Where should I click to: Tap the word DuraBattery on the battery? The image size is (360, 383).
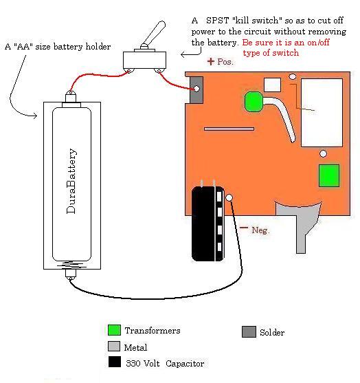click(71, 181)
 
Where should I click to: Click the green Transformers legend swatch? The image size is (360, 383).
click(114, 330)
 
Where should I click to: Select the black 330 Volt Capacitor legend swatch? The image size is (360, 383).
click(115, 362)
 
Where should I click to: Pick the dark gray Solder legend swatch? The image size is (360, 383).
click(249, 331)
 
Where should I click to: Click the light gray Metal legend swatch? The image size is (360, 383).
click(114, 346)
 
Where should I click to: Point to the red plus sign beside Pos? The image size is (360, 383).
click(211, 61)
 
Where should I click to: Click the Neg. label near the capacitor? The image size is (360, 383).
click(260, 230)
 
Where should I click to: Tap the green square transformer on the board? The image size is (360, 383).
click(329, 175)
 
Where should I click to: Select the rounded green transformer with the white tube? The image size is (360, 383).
click(254, 102)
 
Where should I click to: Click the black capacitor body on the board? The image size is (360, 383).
click(207, 223)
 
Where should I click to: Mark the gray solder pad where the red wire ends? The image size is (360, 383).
click(196, 89)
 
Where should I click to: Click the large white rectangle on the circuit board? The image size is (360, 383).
click(322, 113)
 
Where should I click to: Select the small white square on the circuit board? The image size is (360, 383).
click(272, 85)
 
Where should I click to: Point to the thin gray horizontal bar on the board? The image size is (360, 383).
click(229, 129)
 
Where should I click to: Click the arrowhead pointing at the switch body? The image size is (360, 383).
click(183, 54)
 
